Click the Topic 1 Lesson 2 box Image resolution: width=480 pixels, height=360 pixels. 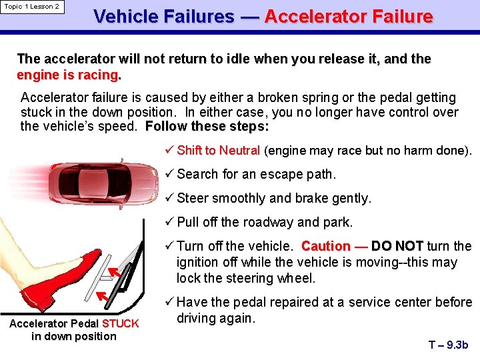point(32,7)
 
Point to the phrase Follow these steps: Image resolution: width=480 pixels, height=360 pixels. point(207,127)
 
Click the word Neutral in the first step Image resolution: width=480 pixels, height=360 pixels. point(239,151)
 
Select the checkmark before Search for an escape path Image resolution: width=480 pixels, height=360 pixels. point(169,175)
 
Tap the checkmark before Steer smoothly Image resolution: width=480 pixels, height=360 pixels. point(169,199)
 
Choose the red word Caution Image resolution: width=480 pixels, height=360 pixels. point(327,247)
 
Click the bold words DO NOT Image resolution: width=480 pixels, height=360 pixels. point(397,247)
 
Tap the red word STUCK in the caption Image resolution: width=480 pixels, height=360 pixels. point(121,324)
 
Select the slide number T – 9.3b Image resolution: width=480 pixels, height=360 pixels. point(449,345)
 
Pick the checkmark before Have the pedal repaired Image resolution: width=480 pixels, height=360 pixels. point(169,303)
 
